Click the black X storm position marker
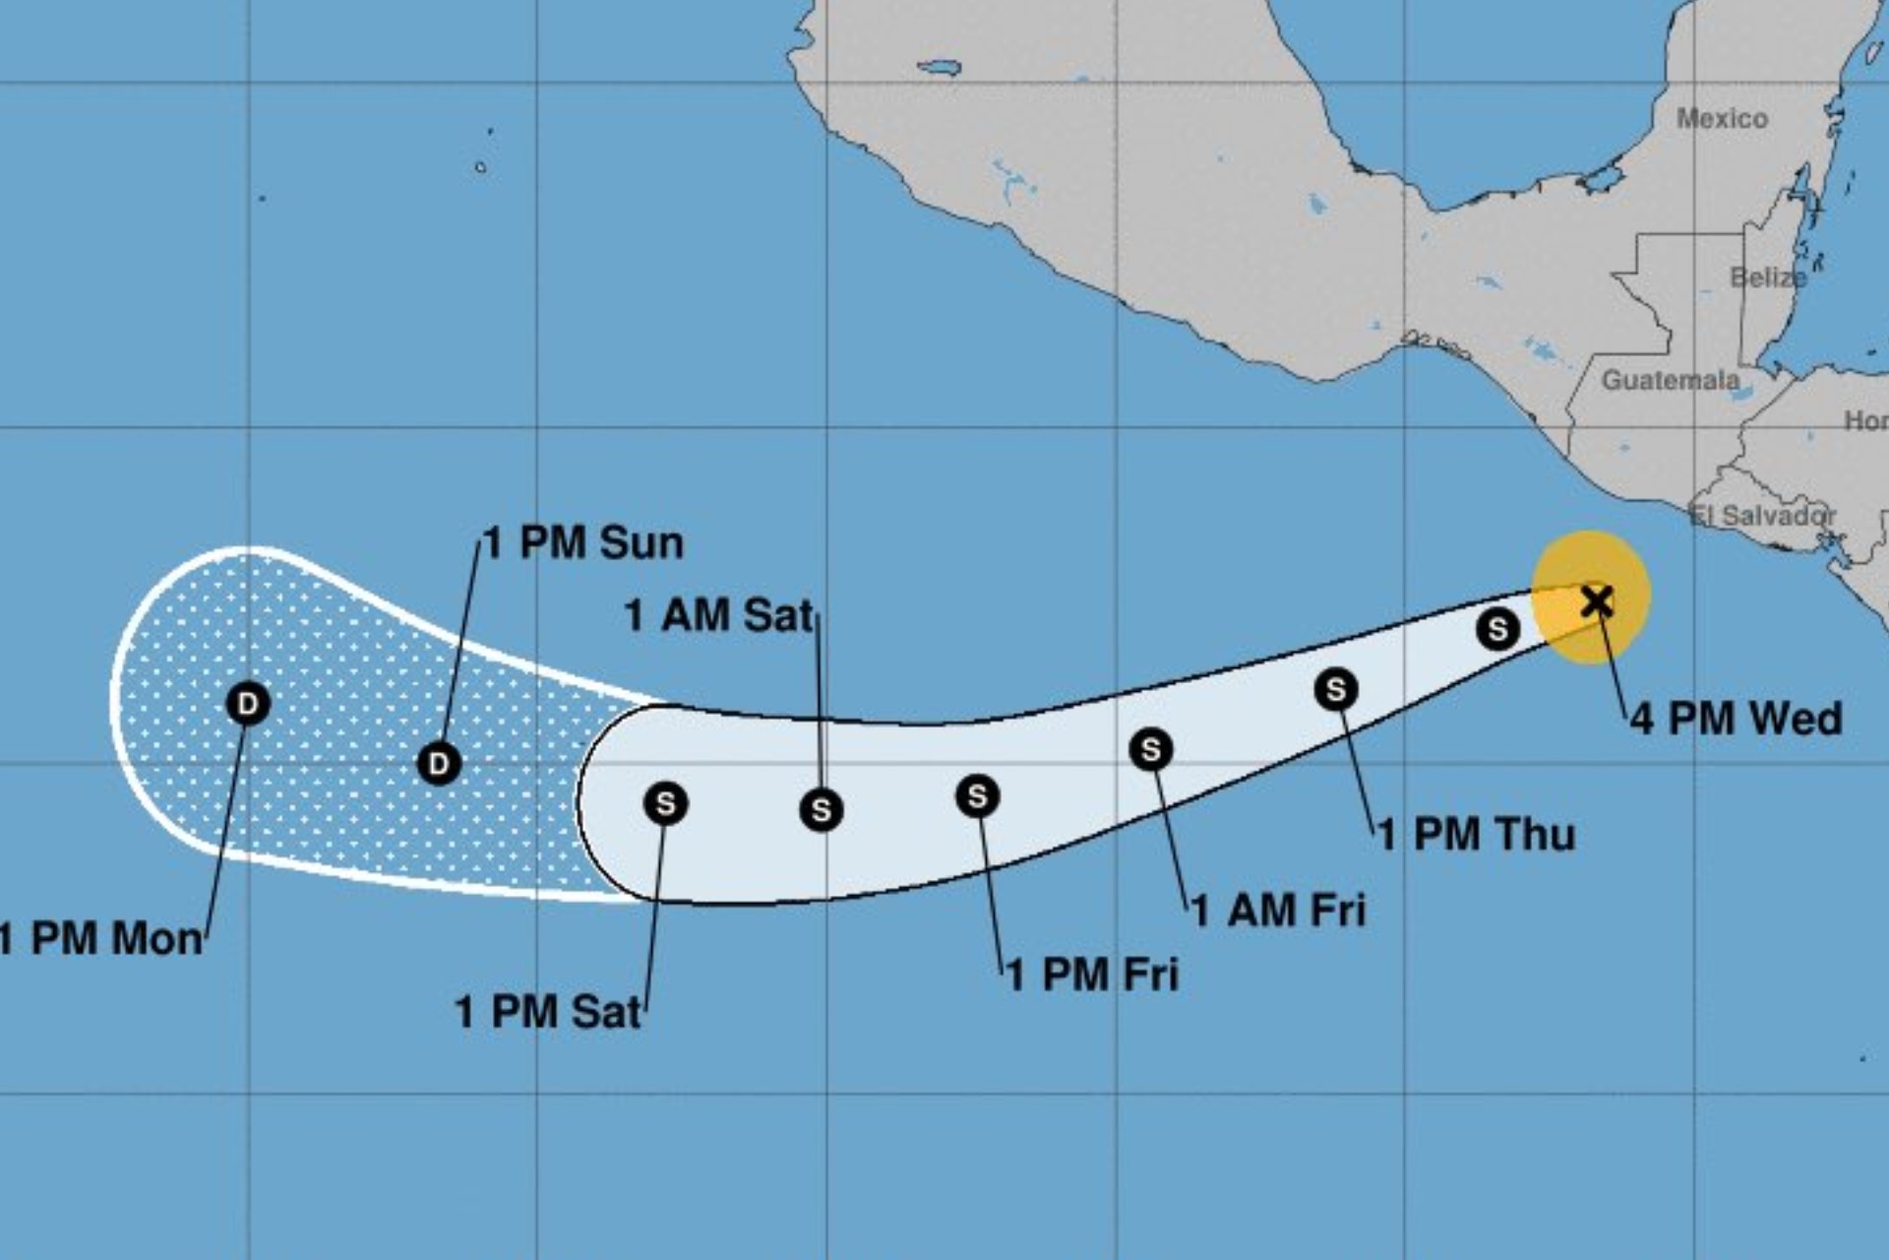pos(1596,599)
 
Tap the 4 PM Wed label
pos(1736,719)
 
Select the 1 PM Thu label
pos(1476,835)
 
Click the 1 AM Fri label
pos(1278,911)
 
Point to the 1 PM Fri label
pos(1092,975)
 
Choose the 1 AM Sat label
pos(719,616)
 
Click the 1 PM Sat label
pos(548,1012)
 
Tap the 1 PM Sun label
pos(583,543)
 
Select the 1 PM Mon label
pos(100,939)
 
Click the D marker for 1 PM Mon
pos(248,704)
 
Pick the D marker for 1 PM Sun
pos(439,763)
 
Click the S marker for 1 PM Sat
pos(665,803)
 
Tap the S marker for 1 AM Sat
pos(821,810)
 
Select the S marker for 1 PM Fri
pos(977,795)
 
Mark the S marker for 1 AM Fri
pos(1151,750)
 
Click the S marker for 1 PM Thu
pos(1336,689)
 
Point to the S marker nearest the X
pos(1497,628)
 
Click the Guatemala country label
pos(1670,380)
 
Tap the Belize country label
pos(1768,278)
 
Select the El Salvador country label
pos(1762,515)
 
